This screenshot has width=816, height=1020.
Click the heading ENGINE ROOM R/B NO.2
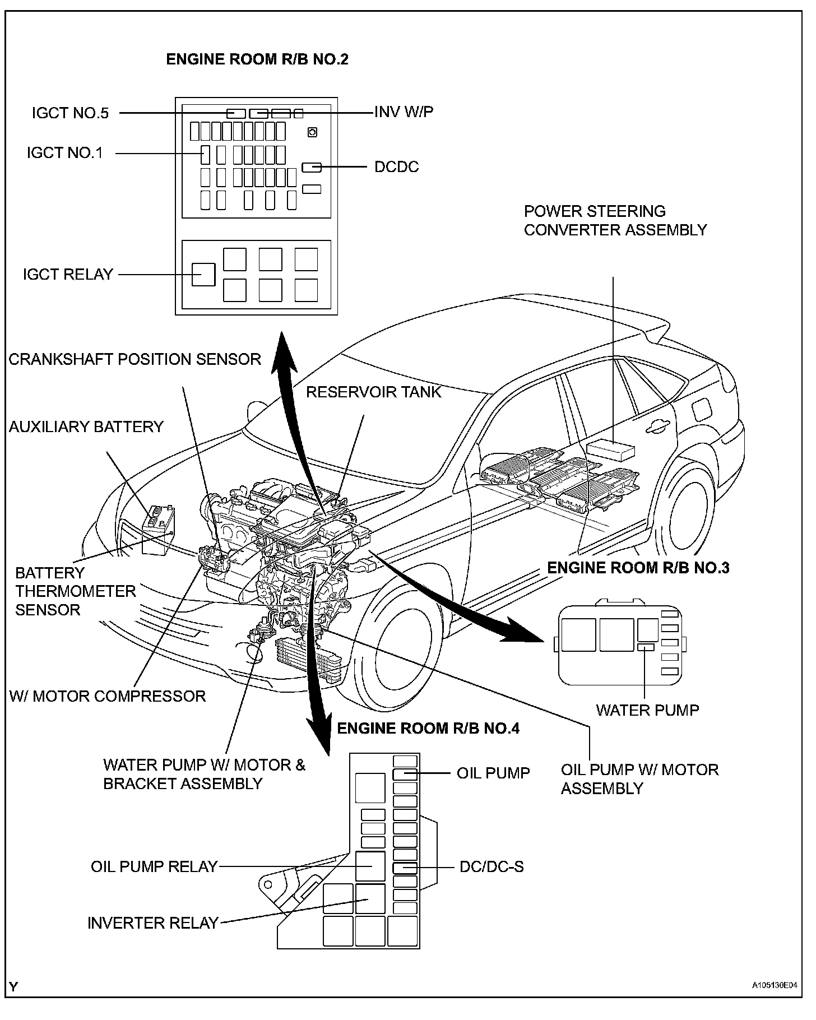click(257, 59)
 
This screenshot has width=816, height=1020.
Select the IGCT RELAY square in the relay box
click(203, 275)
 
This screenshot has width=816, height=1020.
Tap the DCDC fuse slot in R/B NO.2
click(312, 167)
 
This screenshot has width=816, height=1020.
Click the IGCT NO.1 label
click(65, 152)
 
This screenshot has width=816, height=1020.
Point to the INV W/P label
click(404, 112)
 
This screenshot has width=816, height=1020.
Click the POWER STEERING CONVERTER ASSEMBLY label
click(615, 221)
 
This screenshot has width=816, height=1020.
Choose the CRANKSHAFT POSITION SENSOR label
click(135, 359)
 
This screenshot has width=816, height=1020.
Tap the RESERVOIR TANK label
click(373, 392)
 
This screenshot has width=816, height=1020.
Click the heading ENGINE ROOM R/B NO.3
click(638, 568)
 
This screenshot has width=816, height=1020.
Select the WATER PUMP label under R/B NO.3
click(647, 710)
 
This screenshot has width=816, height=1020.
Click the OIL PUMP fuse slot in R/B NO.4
click(405, 774)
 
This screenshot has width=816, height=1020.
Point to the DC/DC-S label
click(492, 867)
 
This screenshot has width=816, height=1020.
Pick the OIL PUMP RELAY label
click(154, 866)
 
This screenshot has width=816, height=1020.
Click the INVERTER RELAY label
click(152, 923)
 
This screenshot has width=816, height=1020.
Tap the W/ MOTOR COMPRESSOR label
click(108, 696)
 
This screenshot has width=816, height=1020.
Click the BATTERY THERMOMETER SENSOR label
click(75, 591)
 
